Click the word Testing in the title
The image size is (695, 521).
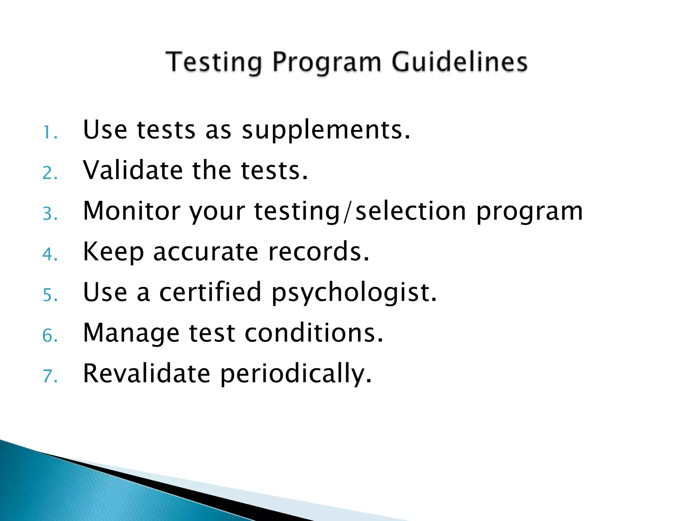[x=214, y=62]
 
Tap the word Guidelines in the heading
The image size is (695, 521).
[x=459, y=62]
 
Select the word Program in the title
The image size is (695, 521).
[x=327, y=63]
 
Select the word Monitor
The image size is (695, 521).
[x=132, y=211]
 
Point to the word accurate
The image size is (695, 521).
[x=206, y=252]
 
